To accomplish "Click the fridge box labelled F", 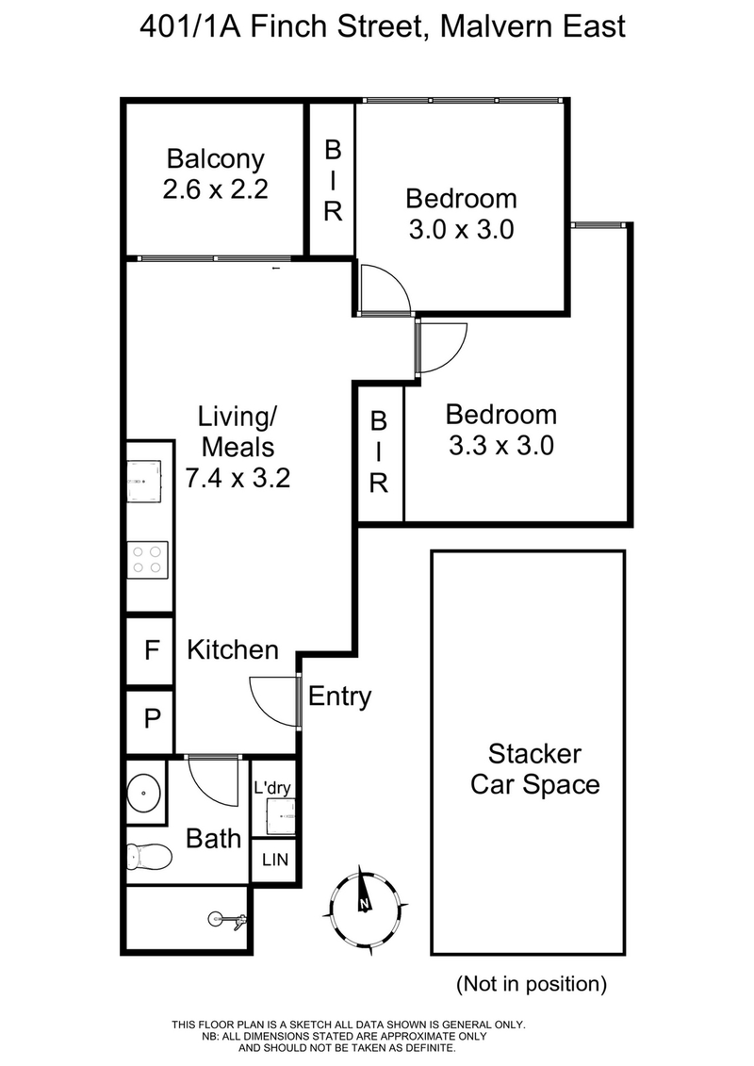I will click(x=150, y=650).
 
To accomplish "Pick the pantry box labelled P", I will click(x=150, y=720).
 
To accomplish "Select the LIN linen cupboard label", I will click(x=274, y=860).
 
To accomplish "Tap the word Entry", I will click(x=339, y=697).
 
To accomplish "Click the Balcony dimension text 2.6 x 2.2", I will click(x=216, y=189).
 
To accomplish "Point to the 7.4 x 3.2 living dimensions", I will click(x=237, y=477).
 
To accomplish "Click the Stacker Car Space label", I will click(x=534, y=769).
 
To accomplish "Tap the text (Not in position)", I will click(x=531, y=984).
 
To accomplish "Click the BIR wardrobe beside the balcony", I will click(x=332, y=179).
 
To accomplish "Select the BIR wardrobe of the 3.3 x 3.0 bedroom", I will click(x=379, y=452).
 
